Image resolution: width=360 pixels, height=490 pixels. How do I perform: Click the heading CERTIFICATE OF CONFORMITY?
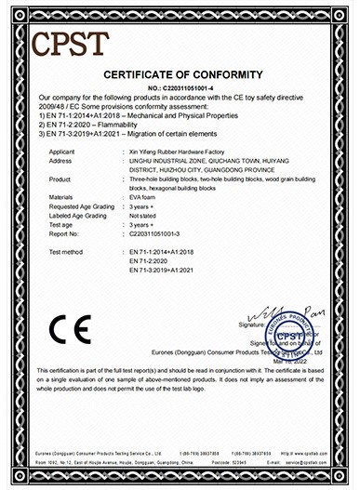(x=180, y=73)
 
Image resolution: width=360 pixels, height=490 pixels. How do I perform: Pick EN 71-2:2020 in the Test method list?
(x=154, y=261)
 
